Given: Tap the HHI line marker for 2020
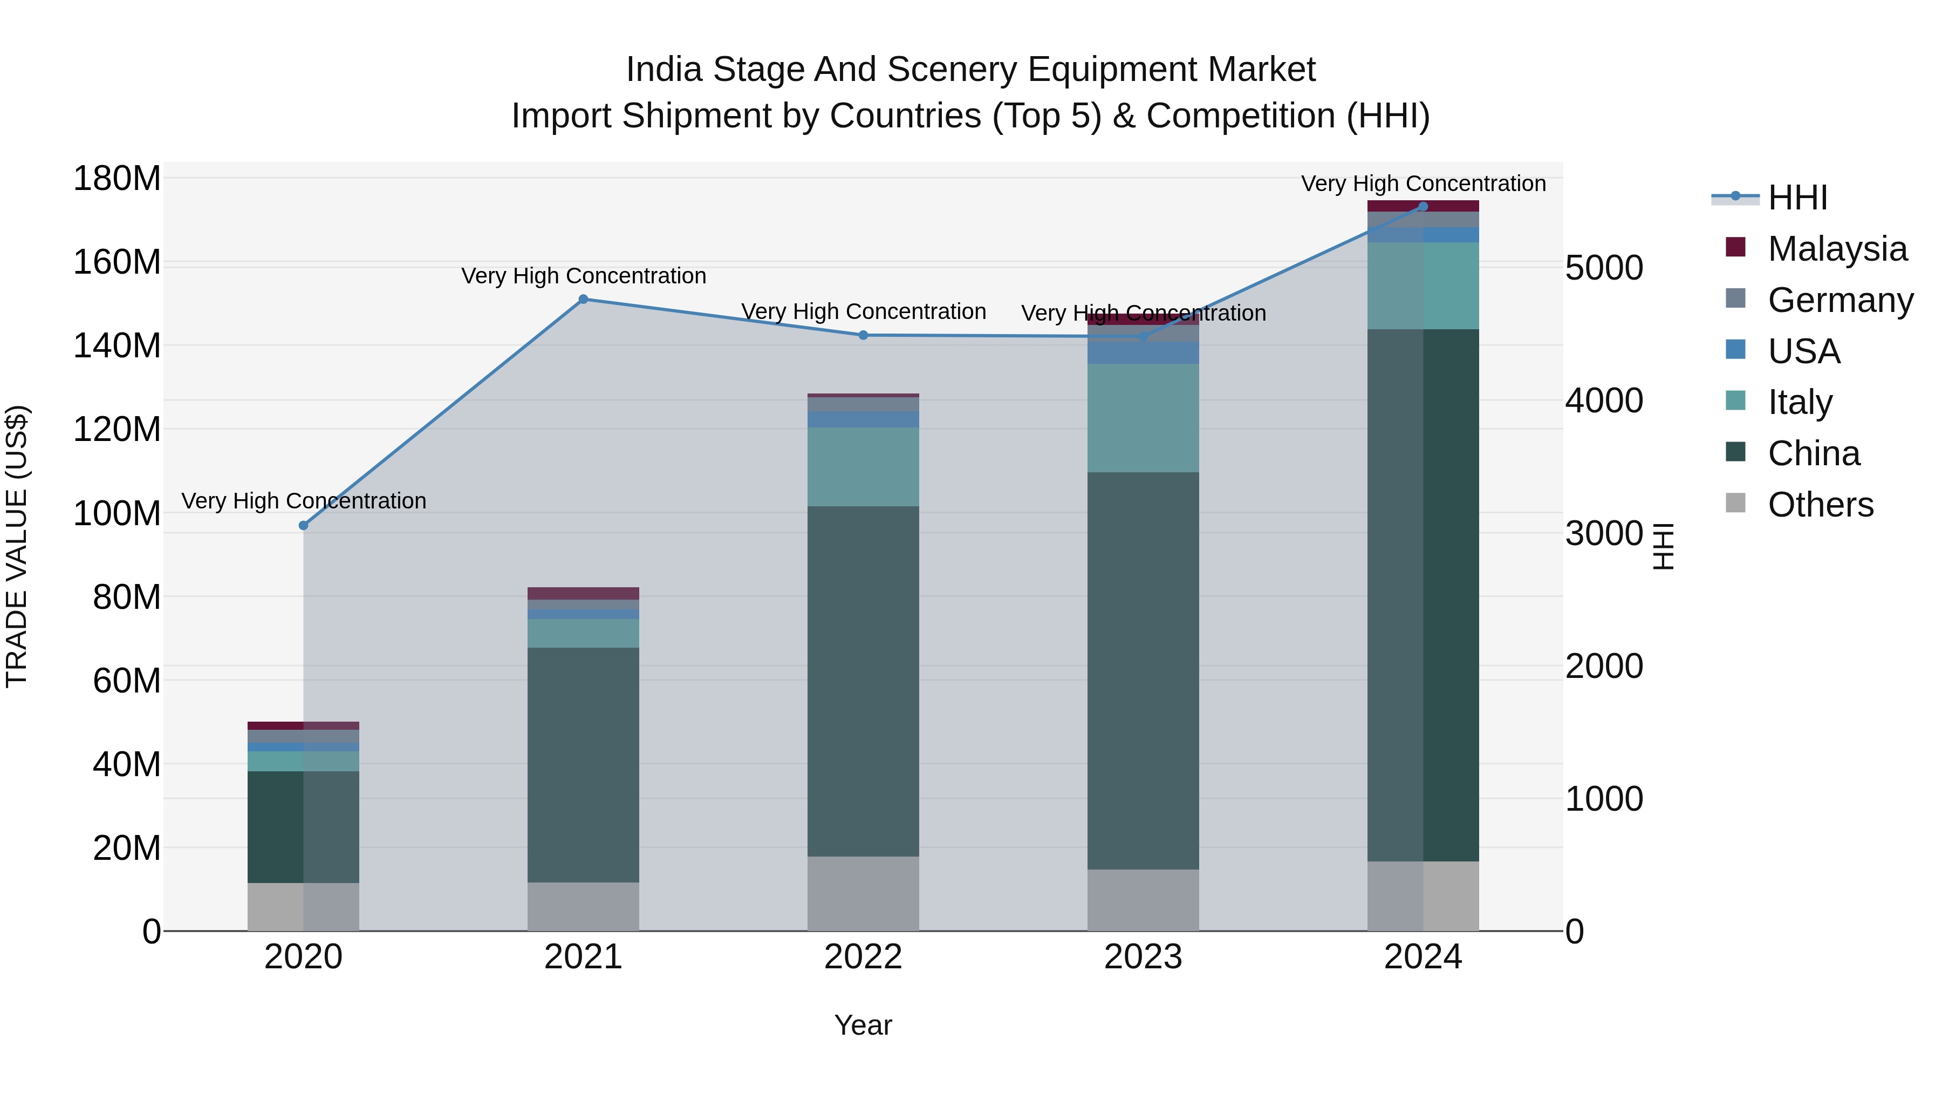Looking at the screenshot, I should (304, 525).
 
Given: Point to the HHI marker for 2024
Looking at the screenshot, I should (1423, 206).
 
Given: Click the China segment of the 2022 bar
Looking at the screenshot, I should (863, 681).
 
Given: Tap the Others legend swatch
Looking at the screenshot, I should (1735, 503).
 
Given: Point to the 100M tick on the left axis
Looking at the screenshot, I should (117, 514).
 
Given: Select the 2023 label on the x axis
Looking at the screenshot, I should (1143, 957).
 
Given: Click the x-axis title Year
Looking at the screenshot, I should (863, 1025).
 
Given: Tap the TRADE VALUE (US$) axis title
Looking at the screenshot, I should (17, 546).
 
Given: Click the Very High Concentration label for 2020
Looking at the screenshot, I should (304, 501).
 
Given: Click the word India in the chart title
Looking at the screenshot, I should (664, 70).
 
